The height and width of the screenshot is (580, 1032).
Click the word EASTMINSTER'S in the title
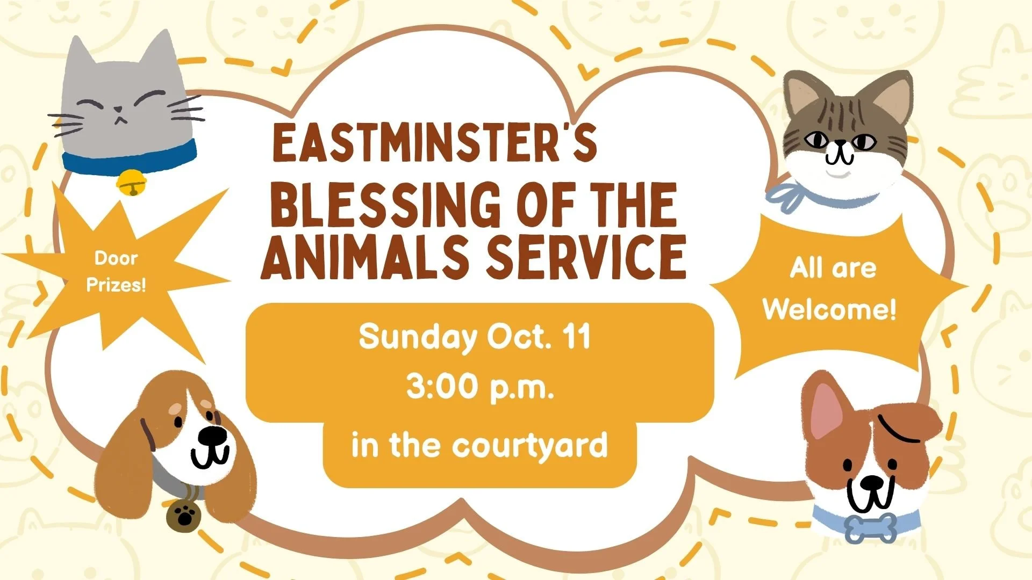(435, 142)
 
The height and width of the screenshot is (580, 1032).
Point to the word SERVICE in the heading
(586, 256)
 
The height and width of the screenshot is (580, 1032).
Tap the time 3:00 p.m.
(479, 387)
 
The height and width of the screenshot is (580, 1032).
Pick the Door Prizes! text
(116, 271)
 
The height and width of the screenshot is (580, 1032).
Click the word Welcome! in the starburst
(830, 309)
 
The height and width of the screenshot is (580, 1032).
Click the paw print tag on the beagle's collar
(183, 516)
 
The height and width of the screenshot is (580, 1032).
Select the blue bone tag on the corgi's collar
(871, 528)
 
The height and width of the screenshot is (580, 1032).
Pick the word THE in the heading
(628, 204)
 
